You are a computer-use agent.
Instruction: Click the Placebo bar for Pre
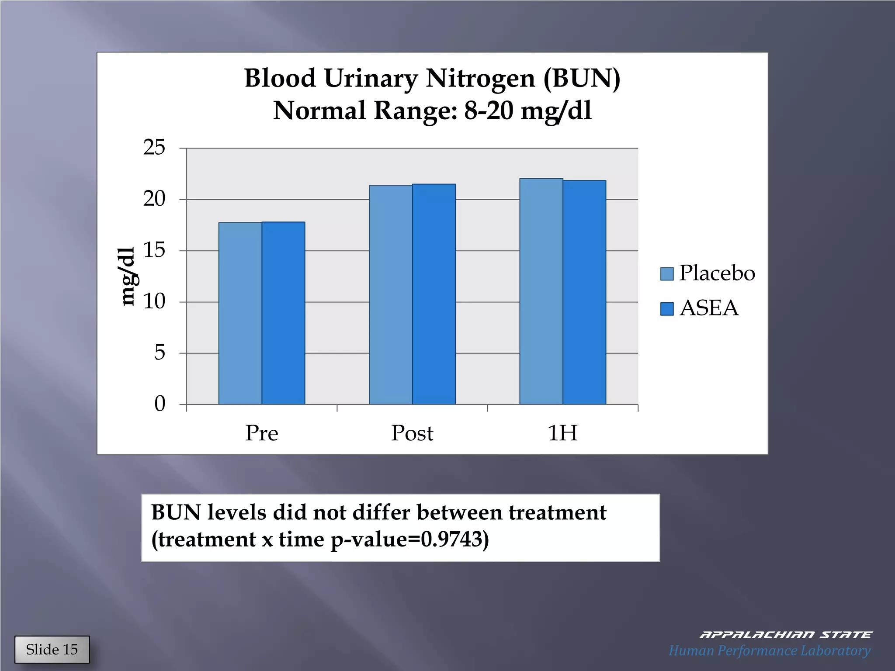240,313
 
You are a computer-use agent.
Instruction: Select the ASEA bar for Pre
283,313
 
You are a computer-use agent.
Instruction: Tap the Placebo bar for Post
390,295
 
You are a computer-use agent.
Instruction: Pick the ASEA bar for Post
434,294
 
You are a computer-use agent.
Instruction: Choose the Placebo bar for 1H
541,291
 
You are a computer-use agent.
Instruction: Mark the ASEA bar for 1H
584,292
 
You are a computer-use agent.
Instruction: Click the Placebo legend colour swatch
666,274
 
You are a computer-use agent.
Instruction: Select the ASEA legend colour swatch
666,309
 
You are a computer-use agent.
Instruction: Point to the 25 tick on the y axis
154,148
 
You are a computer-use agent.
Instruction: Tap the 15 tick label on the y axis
154,250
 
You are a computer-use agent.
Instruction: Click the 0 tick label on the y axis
160,404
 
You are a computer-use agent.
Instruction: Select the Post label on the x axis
412,433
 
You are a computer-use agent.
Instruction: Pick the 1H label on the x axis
562,433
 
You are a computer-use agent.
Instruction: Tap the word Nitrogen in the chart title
480,79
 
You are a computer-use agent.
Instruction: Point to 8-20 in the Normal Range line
489,111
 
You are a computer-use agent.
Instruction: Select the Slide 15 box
52,650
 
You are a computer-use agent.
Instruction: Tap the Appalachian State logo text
785,635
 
